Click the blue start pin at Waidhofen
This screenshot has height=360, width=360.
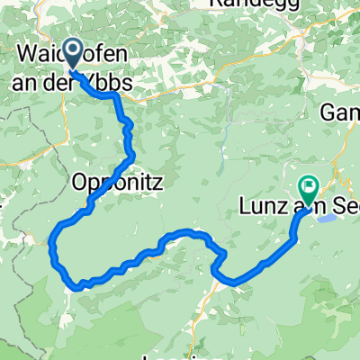[x=73, y=56]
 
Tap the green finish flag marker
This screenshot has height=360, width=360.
[x=309, y=188]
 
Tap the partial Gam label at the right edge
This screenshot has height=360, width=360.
[x=340, y=112]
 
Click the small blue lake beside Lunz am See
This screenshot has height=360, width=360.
[x=328, y=217]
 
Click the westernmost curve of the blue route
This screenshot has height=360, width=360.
[x=51, y=243]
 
